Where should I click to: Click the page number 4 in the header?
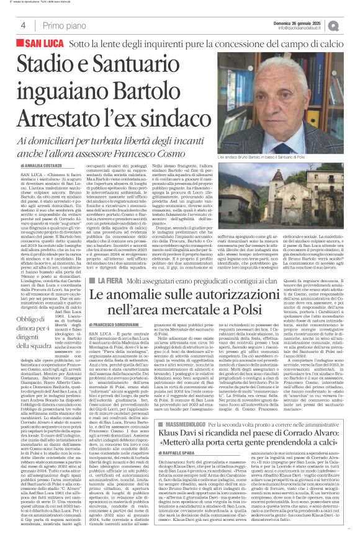(x=23, y=25)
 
